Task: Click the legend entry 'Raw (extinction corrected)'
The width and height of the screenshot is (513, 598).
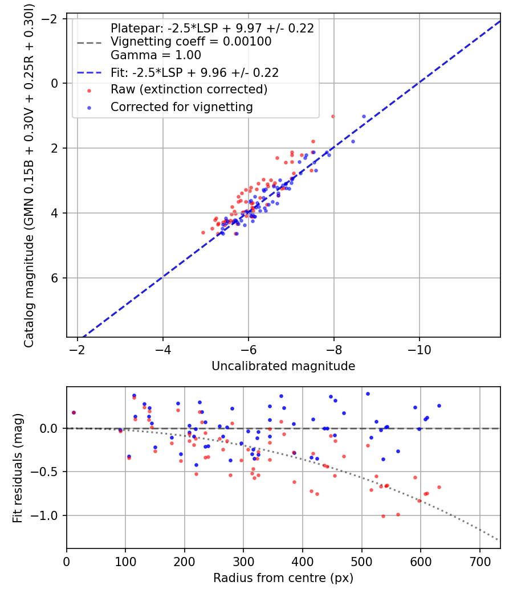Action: pos(189,89)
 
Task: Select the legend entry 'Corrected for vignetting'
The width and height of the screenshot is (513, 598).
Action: pos(181,107)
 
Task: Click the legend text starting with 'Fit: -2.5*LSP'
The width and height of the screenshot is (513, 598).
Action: pos(194,72)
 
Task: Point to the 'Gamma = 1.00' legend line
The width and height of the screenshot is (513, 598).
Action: pos(156,55)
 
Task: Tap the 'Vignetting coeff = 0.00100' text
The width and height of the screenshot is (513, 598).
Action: pos(191,42)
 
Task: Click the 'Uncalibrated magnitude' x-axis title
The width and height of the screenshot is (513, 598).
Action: pos(283,366)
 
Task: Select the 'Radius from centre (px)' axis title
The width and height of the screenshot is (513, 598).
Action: pos(283,578)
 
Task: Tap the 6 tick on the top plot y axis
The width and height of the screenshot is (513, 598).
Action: pos(55,278)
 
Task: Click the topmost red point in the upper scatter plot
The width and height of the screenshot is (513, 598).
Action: pos(333,116)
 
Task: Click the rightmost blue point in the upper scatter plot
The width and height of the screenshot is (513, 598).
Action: pos(364,116)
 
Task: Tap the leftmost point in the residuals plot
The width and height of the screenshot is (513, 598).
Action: pos(74,412)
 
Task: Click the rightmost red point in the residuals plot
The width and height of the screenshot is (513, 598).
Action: pos(439,487)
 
